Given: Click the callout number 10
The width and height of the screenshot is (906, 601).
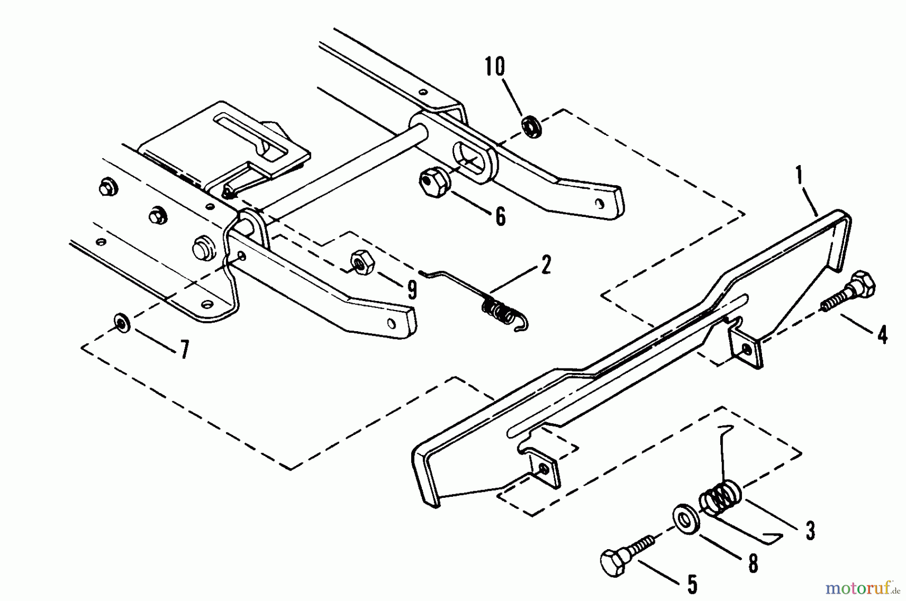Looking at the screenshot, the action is click(x=495, y=67).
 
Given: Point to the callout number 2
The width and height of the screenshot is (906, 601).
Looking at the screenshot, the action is click(x=545, y=265).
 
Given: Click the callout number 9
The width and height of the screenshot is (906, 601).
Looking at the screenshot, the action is click(x=412, y=290).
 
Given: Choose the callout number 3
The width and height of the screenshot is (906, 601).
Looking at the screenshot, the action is click(x=810, y=531).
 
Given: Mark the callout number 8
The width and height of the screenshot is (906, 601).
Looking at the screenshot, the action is click(x=752, y=564).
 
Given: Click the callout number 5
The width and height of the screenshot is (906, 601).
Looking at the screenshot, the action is click(x=692, y=585).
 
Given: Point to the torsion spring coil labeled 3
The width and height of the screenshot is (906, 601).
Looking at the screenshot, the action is click(x=720, y=499).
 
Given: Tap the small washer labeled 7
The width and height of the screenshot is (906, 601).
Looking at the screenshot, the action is click(x=121, y=322).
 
